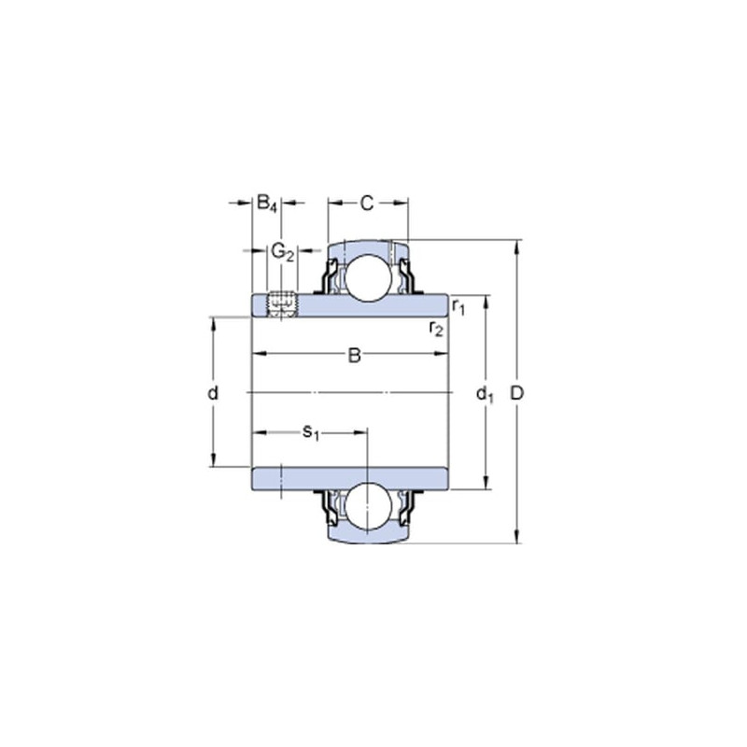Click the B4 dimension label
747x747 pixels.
[267, 204]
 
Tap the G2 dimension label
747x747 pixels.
[283, 252]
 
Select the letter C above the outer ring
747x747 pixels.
[366, 204]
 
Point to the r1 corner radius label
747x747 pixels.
[458, 307]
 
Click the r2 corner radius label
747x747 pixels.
[436, 329]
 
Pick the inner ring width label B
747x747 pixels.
[355, 355]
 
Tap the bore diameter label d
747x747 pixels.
[213, 393]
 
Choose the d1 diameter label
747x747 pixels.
[485, 394]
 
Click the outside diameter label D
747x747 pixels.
[517, 393]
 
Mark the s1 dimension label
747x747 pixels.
[311, 433]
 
